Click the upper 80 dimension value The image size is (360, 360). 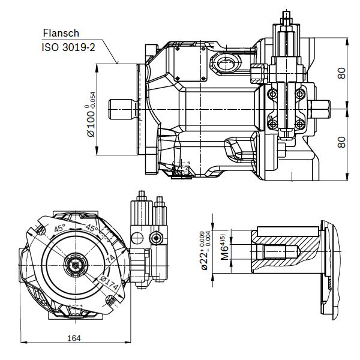(x=342, y=74)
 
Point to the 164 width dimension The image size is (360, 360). (x=74, y=338)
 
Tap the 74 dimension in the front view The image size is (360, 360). (x=110, y=257)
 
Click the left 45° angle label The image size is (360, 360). (x=61, y=229)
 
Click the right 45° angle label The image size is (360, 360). (x=91, y=229)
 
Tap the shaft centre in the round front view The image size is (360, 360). (x=75, y=264)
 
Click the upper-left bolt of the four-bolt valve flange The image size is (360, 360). (x=274, y=94)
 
